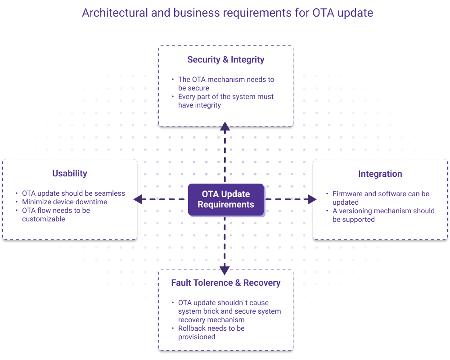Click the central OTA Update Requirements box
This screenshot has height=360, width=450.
(x=226, y=199)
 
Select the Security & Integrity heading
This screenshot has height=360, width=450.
(x=226, y=59)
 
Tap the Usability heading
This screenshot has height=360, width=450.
(x=70, y=173)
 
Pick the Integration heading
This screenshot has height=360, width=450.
(x=380, y=174)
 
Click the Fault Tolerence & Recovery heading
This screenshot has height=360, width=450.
(x=226, y=283)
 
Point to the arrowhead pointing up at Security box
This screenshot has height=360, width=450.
(x=225, y=126)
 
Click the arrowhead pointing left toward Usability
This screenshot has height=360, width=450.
(x=138, y=199)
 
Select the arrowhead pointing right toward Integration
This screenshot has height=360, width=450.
(x=312, y=199)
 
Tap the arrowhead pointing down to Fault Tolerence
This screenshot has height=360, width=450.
(x=225, y=270)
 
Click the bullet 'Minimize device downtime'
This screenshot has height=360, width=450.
(x=65, y=202)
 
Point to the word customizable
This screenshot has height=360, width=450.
(x=44, y=219)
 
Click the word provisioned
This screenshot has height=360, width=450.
(x=197, y=337)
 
